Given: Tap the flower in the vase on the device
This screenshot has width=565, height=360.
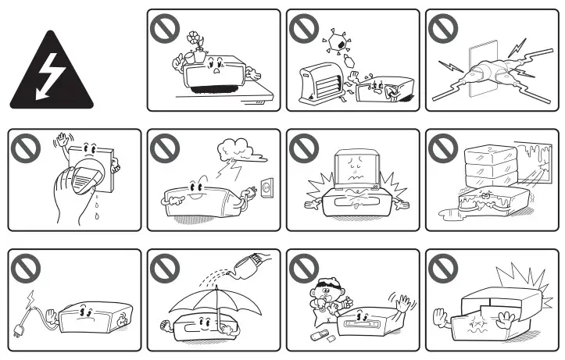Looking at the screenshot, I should coord(193,38).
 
